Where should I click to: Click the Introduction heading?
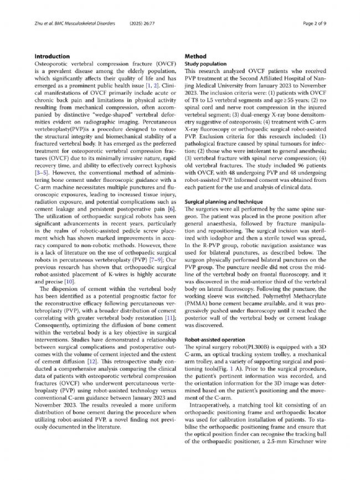52,57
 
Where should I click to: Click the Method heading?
196,57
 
